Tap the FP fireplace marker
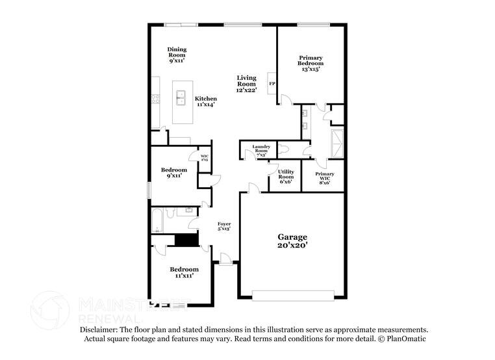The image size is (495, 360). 272,84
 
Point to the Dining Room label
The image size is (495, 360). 177,55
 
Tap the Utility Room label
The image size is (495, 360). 286,176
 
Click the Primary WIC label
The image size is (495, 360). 325,178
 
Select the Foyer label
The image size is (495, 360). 224,225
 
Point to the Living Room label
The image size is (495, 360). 247,83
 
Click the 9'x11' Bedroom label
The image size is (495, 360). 174,172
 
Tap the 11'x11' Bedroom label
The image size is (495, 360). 184,272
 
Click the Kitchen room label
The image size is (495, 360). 206,101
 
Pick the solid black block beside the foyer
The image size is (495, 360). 186,240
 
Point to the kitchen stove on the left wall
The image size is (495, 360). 156,99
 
